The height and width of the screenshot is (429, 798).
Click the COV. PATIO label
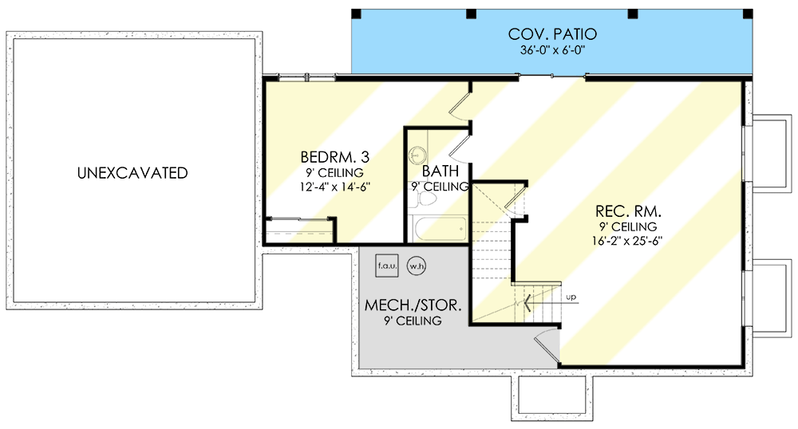(552, 34)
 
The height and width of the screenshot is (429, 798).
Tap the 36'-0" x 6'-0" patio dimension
(552, 50)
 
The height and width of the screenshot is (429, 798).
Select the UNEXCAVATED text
(132, 173)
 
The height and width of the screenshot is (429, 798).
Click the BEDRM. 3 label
(335, 156)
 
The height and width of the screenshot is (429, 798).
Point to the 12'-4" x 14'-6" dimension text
(334, 187)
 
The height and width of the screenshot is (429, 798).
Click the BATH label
(440, 171)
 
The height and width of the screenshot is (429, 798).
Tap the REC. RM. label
(629, 211)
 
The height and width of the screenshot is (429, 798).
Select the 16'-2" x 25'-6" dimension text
(626, 241)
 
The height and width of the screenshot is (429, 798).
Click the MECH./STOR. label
(413, 305)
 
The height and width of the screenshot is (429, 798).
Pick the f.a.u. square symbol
(387, 266)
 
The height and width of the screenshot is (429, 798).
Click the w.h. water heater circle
(417, 266)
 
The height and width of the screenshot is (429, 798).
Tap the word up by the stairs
(571, 297)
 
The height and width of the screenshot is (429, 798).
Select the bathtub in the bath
(440, 229)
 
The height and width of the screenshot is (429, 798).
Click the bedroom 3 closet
(300, 230)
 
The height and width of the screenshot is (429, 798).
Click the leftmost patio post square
(356, 14)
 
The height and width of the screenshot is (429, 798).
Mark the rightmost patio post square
(749, 14)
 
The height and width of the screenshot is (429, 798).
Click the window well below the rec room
(552, 398)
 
